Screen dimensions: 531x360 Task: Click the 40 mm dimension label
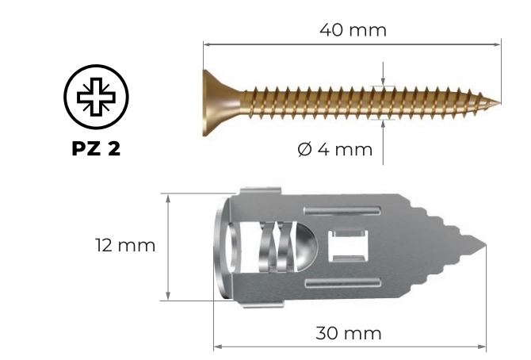(x=353, y=30)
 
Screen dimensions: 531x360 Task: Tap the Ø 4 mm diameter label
(x=335, y=150)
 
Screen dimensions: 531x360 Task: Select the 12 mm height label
(x=125, y=246)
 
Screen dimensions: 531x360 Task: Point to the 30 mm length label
(x=349, y=333)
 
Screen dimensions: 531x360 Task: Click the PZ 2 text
(x=96, y=148)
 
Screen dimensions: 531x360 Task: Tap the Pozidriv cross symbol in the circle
(x=96, y=97)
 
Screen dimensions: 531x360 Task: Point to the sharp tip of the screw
(x=499, y=103)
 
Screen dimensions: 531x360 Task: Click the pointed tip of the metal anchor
(x=485, y=245)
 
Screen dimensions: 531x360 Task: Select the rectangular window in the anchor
(x=348, y=246)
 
